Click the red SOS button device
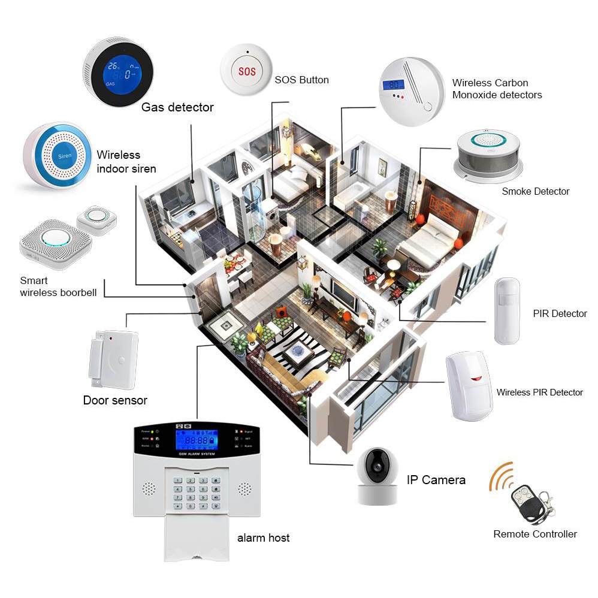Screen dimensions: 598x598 click(x=246, y=71)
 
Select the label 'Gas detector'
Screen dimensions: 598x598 click(x=177, y=107)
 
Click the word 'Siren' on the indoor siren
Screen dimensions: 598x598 click(x=64, y=155)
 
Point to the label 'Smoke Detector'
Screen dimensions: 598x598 click(x=535, y=192)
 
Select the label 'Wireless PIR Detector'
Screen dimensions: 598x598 click(x=539, y=392)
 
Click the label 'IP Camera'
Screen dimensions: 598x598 click(x=436, y=479)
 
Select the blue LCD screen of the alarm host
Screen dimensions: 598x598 click(x=196, y=440)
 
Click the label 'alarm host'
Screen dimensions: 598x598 click(x=263, y=537)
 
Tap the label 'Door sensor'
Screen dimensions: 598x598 click(x=115, y=400)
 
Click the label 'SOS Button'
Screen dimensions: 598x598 click(x=301, y=80)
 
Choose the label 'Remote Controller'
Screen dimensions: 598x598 click(x=535, y=534)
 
